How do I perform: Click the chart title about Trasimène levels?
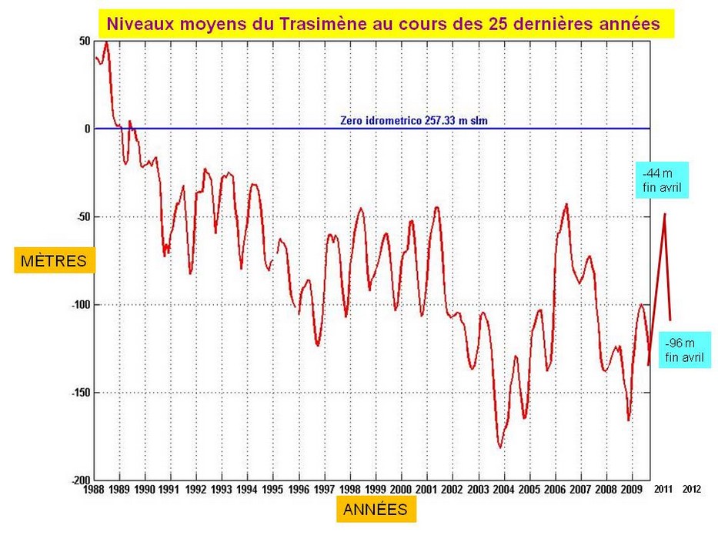tap(382, 24)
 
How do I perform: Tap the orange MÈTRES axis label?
tap(54, 261)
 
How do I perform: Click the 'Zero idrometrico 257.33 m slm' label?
tap(414, 121)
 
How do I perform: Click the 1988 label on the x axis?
tap(94, 489)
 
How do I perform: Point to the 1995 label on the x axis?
tap(272, 489)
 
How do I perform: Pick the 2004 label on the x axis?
tap(503, 489)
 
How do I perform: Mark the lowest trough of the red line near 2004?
tap(500, 447)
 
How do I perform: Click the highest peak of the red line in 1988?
tap(106, 42)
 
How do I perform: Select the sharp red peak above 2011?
tap(664, 214)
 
